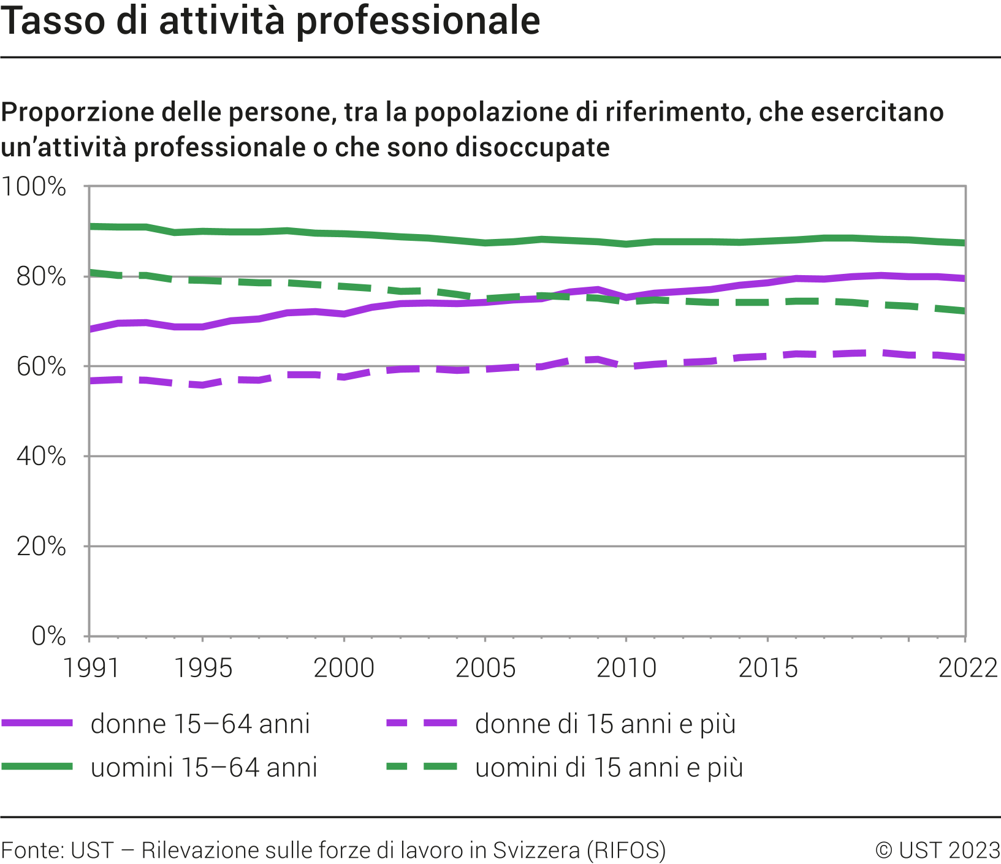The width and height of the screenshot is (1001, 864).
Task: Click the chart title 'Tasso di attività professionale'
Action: [x=270, y=21]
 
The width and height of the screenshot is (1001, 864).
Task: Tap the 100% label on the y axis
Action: [x=34, y=187]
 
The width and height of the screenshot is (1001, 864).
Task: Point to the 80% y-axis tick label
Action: [x=41, y=277]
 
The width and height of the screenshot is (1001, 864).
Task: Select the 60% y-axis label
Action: [x=41, y=367]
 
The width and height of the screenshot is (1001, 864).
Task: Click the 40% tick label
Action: [x=41, y=457]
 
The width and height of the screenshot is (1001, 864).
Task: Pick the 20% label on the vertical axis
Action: [x=41, y=547]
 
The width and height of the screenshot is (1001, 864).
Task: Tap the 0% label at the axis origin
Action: [x=48, y=636]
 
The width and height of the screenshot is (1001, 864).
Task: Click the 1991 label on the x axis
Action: [x=91, y=668]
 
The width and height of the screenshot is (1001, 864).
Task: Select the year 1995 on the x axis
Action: [x=203, y=668]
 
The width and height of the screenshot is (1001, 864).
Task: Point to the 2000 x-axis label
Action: [x=344, y=668]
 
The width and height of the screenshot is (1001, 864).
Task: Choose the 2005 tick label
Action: [x=485, y=668]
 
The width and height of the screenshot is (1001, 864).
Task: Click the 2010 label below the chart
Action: [x=626, y=668]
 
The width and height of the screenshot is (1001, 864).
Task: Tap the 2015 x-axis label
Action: [x=768, y=668]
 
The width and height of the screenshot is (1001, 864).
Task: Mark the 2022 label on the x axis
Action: [x=969, y=668]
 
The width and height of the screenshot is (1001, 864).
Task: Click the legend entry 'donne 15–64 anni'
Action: [x=200, y=724]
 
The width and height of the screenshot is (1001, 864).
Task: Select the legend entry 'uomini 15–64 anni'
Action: [x=204, y=767]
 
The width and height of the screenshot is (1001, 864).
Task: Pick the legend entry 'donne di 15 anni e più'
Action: [x=605, y=724]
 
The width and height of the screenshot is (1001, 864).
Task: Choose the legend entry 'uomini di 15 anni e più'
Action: [x=609, y=767]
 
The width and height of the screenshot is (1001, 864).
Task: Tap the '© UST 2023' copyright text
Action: [x=938, y=850]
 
